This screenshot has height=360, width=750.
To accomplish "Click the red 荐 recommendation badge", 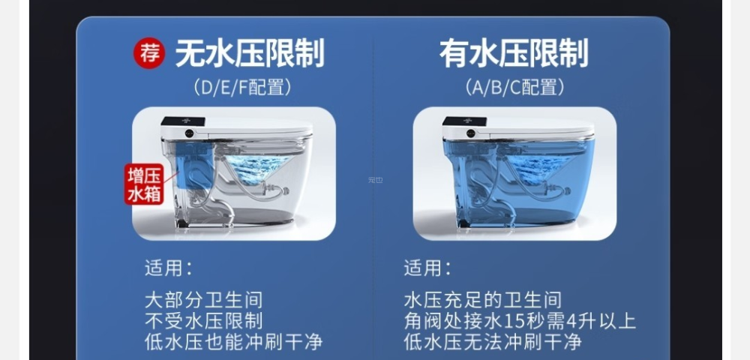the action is [149, 53].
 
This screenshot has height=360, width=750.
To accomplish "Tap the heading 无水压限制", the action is [250, 53].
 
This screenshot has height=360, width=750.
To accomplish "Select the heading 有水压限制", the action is [514, 53].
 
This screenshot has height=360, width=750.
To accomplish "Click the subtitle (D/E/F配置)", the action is [242, 88].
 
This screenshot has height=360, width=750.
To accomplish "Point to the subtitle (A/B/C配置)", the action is [514, 88].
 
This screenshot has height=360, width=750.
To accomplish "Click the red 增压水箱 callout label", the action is [145, 184].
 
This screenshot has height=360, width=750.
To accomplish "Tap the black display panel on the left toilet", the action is [183, 122].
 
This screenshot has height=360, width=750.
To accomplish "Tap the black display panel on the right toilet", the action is [464, 122].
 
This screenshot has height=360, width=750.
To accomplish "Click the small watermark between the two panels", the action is [376, 180].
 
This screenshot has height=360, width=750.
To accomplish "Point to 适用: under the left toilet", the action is [168, 268].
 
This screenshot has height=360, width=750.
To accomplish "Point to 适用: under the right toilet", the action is [427, 268].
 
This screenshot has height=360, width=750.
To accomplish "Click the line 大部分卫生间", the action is [204, 300].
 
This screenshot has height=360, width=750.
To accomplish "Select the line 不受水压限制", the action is [204, 321].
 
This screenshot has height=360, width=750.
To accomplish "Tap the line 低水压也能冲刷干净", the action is [234, 342].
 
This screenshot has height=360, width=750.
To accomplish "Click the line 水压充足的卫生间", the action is [482, 300].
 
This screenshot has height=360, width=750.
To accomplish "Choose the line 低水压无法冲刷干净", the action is [493, 342].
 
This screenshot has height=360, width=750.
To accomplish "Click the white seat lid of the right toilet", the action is [541, 129].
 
